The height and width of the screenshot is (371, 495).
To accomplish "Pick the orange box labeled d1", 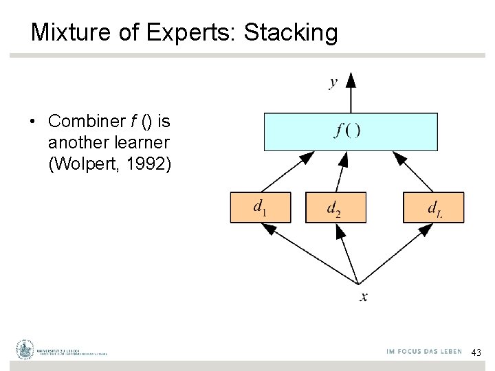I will point(261,207).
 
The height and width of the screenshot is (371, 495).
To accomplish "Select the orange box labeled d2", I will point(335,207).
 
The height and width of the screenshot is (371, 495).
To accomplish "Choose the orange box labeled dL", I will point(433,207).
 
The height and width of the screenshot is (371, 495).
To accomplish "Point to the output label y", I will point(333,82).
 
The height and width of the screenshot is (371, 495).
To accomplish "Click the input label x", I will point(364,297).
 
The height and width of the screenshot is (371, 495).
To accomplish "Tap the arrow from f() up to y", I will point(351,95).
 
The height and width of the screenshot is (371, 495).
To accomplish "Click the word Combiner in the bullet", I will point(86,122).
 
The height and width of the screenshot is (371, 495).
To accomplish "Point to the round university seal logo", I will point(25,350).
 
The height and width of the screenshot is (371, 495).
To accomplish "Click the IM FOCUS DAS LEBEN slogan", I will point(424,351).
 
